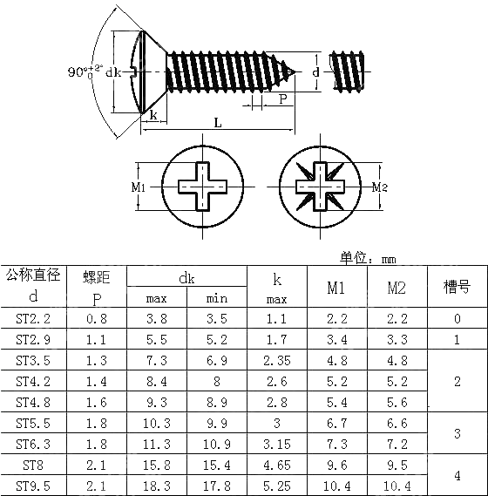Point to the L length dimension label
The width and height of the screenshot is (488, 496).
(218, 122)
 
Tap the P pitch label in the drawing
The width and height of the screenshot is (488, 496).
(283, 99)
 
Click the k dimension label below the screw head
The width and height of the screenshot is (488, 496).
(153, 115)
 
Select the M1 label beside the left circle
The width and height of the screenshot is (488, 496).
(139, 187)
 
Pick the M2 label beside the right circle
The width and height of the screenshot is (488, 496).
(379, 187)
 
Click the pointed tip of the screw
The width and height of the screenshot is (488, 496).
(295, 72)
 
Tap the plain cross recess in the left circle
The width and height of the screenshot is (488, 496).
(202, 187)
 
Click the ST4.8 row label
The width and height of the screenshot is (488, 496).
(33, 403)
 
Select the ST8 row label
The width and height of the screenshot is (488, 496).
(33, 465)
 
